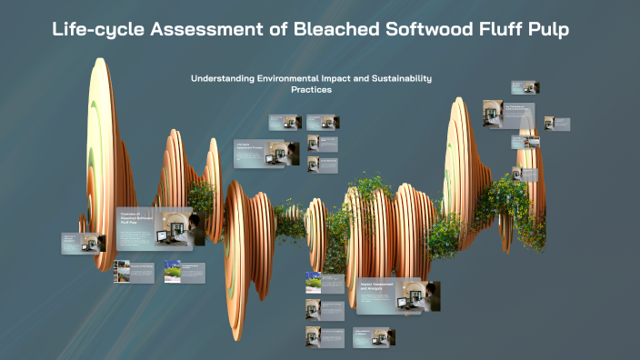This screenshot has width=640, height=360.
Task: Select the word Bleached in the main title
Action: click(331, 31)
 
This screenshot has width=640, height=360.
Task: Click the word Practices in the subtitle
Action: click(311, 90)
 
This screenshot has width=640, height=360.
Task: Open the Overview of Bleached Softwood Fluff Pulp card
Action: click(154, 227)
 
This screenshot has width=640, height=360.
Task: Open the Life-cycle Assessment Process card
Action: click(266, 154)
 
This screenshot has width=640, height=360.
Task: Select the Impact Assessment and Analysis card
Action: click(398, 295)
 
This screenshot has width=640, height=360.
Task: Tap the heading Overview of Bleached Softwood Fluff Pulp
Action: click(135, 215)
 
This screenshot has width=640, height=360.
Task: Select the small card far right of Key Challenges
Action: click(562, 123)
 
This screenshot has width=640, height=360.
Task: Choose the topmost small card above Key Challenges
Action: click(524, 87)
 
